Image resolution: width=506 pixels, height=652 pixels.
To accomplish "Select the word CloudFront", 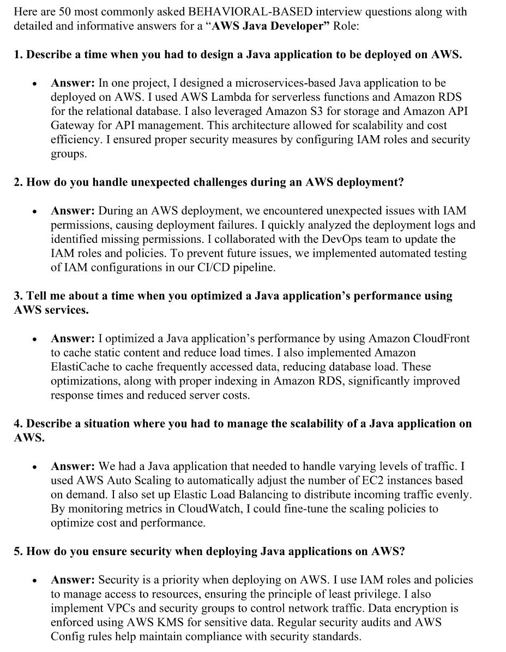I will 435,338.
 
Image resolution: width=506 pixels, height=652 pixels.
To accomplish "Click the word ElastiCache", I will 80,367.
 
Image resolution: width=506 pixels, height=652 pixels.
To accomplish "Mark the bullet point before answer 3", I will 34,339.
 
